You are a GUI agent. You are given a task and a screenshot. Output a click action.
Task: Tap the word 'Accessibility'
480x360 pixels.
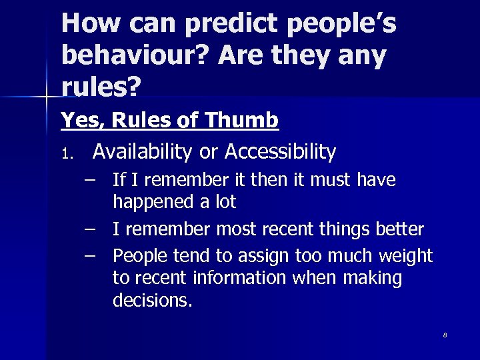[x=280, y=152]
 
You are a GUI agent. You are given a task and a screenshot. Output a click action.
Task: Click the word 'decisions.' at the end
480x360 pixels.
[x=153, y=300]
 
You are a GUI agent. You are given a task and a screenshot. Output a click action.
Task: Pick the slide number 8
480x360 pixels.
[x=445, y=335]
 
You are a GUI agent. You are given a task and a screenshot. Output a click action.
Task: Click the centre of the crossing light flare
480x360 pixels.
[x=46, y=98]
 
